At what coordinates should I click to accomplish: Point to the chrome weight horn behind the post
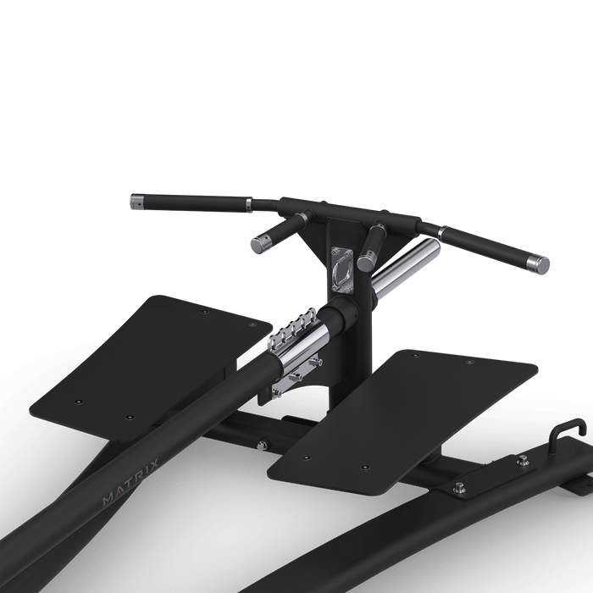[407, 269]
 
